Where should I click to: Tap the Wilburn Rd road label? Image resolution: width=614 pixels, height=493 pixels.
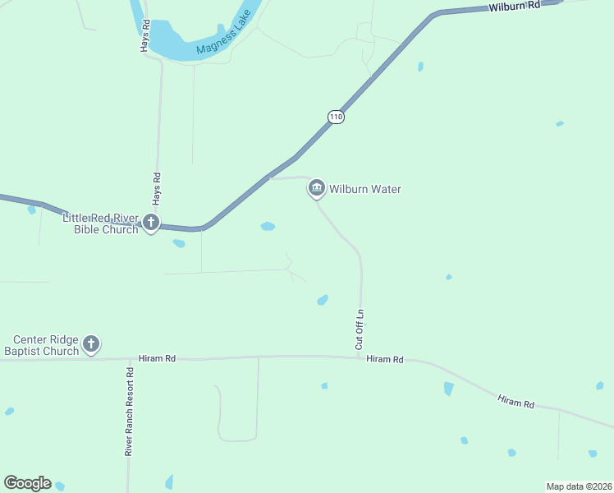pos(515,6)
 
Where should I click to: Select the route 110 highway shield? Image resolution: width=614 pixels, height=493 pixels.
pos(335,117)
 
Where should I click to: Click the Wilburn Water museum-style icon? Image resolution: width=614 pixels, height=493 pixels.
pos(317,189)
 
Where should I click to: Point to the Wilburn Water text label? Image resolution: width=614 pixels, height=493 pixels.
pos(365,190)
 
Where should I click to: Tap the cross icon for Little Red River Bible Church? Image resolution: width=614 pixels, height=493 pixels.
pos(150,222)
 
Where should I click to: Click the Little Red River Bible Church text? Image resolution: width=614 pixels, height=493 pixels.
pos(101,223)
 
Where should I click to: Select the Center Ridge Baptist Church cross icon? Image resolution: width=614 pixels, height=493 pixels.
pos(91,343)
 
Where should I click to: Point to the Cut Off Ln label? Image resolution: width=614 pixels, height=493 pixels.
pos(360,329)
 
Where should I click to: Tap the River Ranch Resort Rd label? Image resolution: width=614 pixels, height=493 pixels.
pos(129,412)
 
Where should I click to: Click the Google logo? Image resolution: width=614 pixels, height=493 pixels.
pos(27,483)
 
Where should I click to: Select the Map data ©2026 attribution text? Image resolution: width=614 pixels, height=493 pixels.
pos(579,486)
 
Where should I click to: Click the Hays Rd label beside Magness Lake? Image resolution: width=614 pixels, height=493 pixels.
pos(144,36)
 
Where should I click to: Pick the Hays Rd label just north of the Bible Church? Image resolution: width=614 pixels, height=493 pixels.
pos(157,188)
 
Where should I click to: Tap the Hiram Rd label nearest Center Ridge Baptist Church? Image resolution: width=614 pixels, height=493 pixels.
pos(158,358)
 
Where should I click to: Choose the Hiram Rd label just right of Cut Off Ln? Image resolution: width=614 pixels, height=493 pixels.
pos(386,359)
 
